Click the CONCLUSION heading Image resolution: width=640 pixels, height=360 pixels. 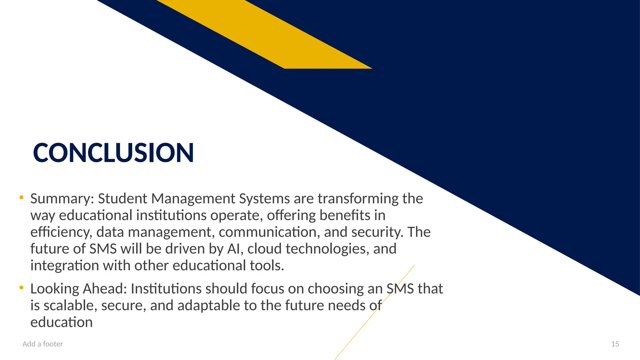tap(113, 153)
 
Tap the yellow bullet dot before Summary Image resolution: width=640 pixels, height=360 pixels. tap(21, 197)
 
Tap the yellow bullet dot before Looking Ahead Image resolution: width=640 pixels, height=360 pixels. tap(21, 287)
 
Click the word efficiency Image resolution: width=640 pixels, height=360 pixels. tap(61, 232)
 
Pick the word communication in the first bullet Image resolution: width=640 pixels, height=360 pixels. tap(269, 232)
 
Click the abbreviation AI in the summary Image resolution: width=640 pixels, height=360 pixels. tap(234, 249)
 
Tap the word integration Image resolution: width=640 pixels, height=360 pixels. tap(64, 266)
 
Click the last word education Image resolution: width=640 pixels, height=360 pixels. tap(61, 322)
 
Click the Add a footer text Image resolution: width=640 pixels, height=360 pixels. tap(43, 344)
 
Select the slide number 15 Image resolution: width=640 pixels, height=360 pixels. tap(615, 344)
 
